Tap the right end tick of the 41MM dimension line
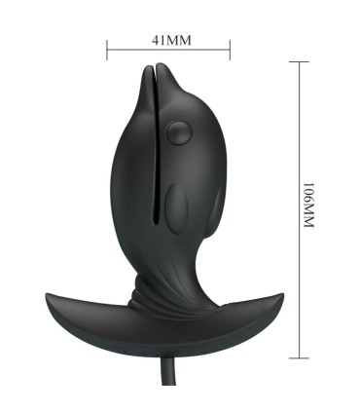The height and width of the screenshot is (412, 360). pyautogui.click(x=231, y=48)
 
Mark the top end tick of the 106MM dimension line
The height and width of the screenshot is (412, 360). pyautogui.click(x=297, y=62)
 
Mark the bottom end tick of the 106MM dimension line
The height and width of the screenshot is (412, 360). pyautogui.click(x=297, y=354)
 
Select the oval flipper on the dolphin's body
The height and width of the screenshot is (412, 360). pyautogui.click(x=175, y=207)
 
